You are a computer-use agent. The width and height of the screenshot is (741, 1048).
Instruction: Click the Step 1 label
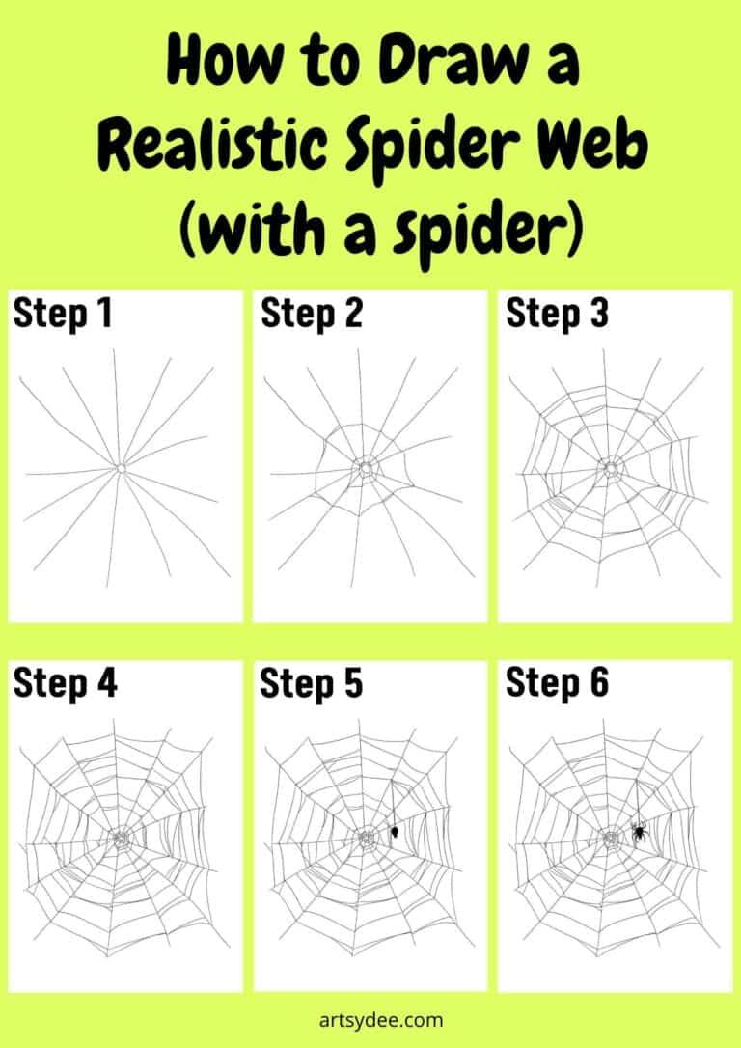(x=62, y=314)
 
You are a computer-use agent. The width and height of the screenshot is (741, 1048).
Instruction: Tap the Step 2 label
(x=311, y=314)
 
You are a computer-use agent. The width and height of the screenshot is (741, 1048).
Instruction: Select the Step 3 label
(x=557, y=314)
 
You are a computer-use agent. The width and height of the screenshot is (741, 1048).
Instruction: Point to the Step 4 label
(x=65, y=683)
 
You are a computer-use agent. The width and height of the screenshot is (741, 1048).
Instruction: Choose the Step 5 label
(x=311, y=683)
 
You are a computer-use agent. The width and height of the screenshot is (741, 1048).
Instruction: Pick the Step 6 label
(x=557, y=683)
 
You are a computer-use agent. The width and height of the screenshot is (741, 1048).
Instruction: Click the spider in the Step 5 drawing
(x=395, y=831)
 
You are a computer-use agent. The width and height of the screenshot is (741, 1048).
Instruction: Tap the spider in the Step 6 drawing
(x=639, y=830)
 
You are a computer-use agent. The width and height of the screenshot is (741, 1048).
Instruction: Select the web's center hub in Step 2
(x=368, y=468)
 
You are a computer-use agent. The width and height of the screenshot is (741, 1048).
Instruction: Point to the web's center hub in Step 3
(x=611, y=469)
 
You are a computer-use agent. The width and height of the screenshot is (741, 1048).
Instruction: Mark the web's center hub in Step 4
(x=122, y=839)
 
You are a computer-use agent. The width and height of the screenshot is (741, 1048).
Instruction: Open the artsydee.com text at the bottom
(x=370, y=1018)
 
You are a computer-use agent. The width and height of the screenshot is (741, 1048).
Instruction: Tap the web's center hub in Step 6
(x=611, y=839)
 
